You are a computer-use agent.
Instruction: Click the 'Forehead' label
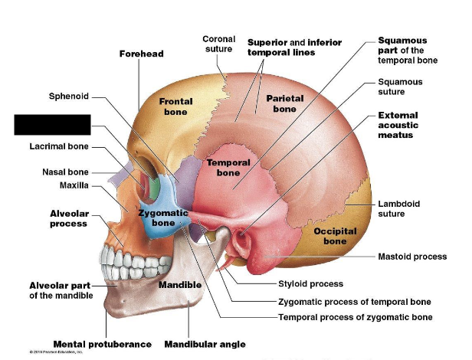click(x=141, y=54)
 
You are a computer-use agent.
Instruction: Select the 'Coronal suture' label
click(x=218, y=44)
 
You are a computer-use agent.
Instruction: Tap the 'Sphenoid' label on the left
click(x=69, y=97)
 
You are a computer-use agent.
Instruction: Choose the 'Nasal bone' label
click(x=65, y=172)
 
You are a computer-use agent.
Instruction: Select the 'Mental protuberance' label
click(x=102, y=344)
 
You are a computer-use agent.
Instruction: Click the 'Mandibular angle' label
click(x=205, y=344)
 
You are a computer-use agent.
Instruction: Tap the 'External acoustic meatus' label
click(x=406, y=125)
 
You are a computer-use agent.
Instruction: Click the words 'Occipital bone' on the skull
click(x=334, y=236)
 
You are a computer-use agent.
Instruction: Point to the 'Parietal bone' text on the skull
click(x=284, y=103)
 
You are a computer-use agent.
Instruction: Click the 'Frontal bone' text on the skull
click(x=175, y=106)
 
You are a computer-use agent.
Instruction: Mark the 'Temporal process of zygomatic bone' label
click(x=355, y=316)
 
